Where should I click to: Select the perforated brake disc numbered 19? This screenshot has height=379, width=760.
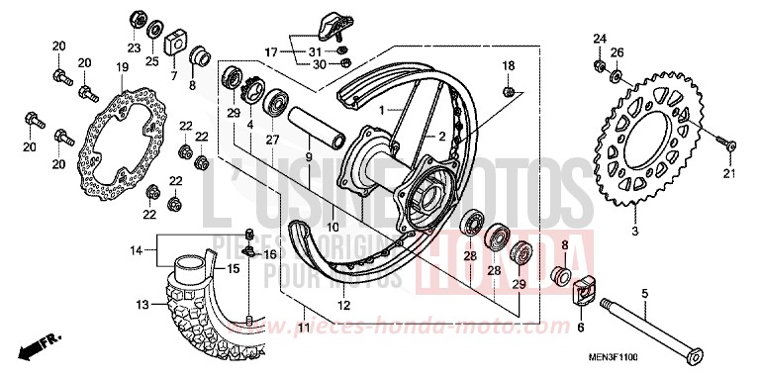tap(125, 144)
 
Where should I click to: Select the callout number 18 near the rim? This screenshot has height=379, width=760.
tap(508, 65)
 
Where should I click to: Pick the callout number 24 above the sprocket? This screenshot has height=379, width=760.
tap(599, 39)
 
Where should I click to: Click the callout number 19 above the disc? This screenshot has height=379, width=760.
tap(122, 66)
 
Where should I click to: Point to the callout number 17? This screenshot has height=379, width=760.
tap(271, 50)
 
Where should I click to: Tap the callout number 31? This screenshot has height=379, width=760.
tap(314, 51)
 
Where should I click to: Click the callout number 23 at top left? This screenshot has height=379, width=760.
tap(134, 47)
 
